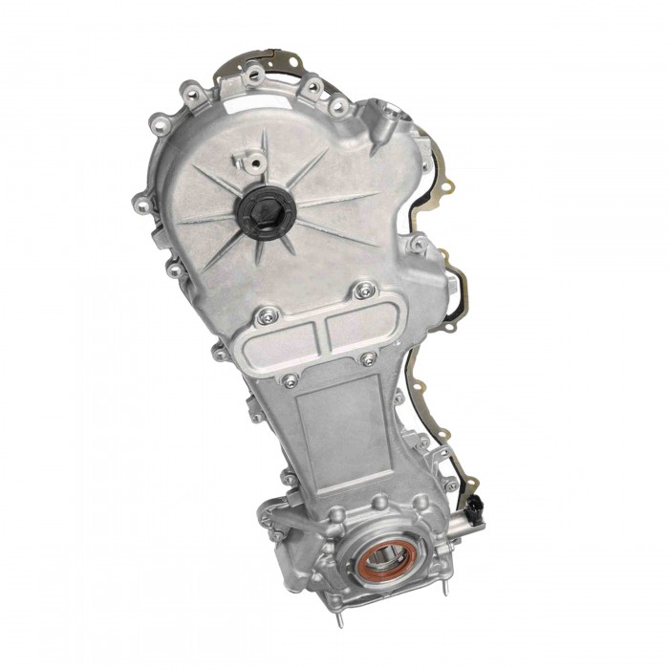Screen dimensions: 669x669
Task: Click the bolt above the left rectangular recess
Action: click(265, 313)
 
